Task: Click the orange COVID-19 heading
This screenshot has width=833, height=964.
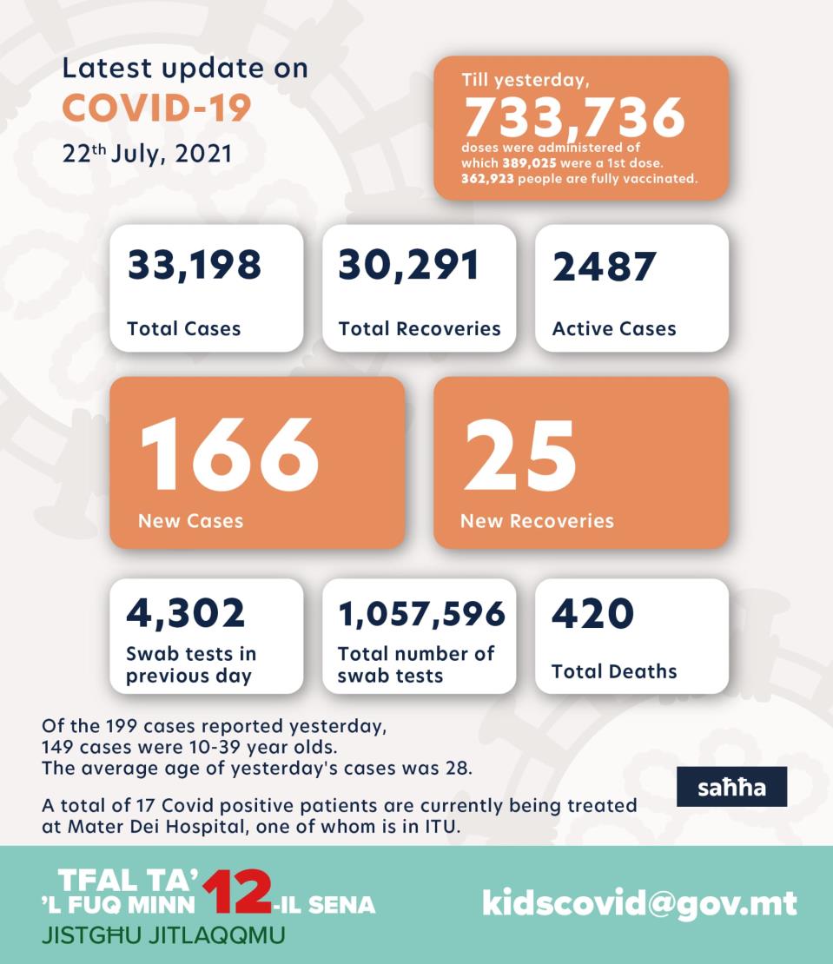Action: [x=156, y=109]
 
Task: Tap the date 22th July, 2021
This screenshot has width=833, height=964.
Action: [x=148, y=154]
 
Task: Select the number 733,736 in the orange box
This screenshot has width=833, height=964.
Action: [x=574, y=117]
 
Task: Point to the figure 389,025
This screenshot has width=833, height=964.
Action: [x=529, y=163]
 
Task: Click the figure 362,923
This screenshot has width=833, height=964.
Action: [x=487, y=179]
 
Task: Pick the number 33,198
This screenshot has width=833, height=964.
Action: [x=195, y=265]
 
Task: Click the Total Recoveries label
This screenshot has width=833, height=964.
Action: [x=420, y=329]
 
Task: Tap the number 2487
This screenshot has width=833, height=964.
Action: [x=605, y=267]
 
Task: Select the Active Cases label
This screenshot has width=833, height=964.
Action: [x=614, y=329]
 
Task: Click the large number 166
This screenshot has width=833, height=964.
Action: [x=229, y=454]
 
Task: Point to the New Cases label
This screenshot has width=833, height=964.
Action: [x=190, y=521]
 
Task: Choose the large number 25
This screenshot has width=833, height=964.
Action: [x=520, y=455]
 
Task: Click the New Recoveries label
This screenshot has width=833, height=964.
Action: [x=538, y=521]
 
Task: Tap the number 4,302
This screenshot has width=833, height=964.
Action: [x=186, y=613]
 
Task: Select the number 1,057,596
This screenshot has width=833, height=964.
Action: [x=422, y=614]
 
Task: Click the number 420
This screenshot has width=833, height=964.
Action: [x=592, y=613]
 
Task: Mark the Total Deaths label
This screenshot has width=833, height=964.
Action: [x=614, y=671]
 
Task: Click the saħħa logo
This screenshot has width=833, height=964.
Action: [x=731, y=787]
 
